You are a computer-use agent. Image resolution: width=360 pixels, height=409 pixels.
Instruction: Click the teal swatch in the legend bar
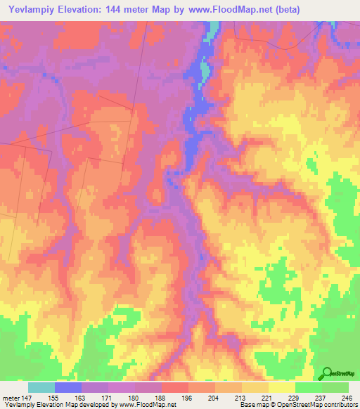point(41,387)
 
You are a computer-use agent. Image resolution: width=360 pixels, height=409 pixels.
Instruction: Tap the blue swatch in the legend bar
point(68,387)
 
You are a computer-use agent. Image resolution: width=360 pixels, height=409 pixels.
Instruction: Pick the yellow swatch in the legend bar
point(282,387)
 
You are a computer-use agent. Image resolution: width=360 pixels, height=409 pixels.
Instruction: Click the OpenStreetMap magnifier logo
point(328,373)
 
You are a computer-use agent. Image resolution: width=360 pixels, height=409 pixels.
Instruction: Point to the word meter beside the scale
point(11,397)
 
